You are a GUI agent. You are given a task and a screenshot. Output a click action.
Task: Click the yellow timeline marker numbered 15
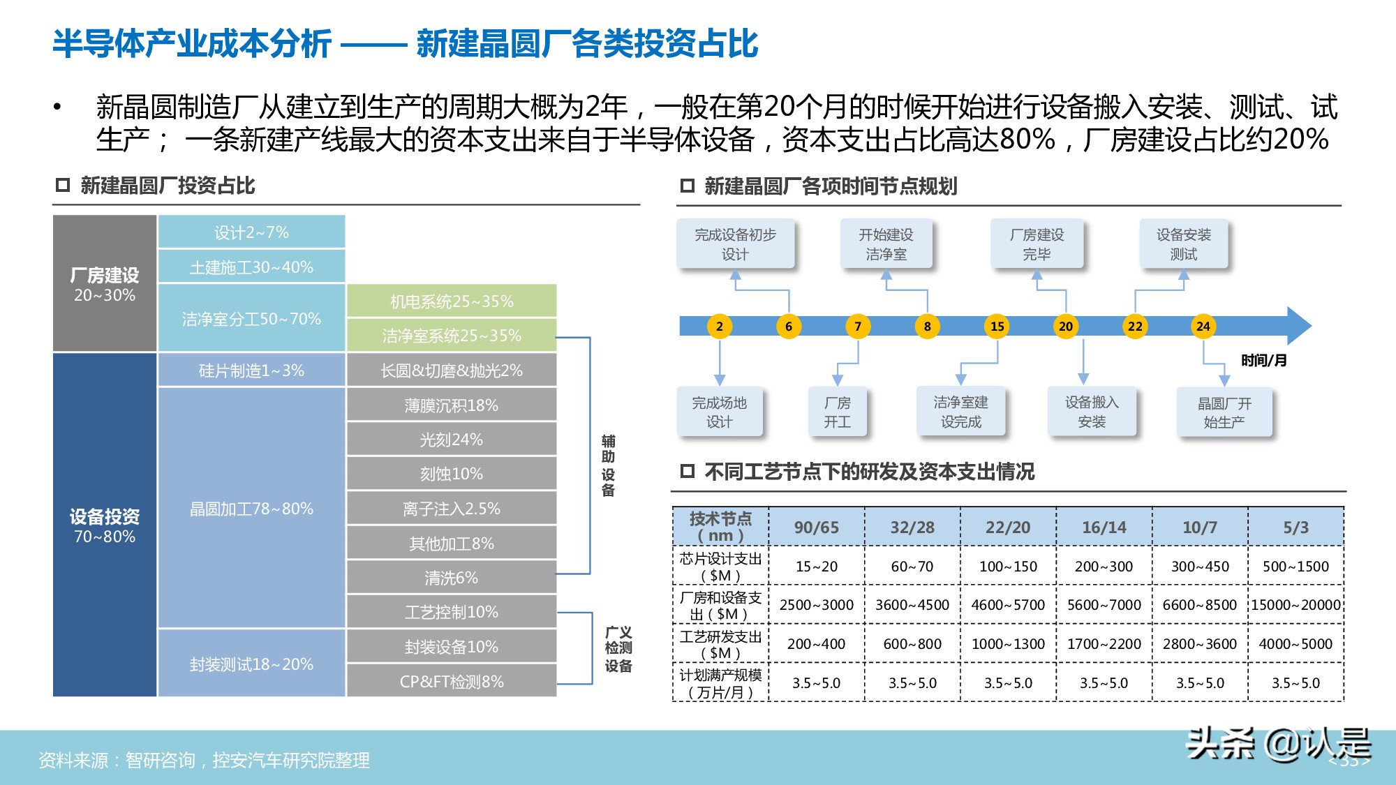[997, 326]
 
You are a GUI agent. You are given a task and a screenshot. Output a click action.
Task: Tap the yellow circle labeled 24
[1203, 326]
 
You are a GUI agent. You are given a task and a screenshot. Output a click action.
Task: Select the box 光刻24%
[451, 440]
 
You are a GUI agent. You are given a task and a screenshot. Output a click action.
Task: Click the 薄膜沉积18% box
[451, 405]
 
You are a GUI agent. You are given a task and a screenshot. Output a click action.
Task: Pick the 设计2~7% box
[251, 232]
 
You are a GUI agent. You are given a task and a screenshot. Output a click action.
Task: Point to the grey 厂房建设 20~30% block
[105, 284]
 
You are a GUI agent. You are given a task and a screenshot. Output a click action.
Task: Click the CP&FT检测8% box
[451, 681]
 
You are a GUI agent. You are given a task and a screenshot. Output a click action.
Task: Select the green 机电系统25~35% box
[451, 301]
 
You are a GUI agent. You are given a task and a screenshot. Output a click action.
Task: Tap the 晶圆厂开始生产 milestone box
[1224, 412]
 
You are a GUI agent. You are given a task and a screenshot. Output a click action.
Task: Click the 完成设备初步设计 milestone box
[735, 244]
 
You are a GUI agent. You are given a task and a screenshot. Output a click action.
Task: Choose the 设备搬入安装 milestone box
[1092, 412]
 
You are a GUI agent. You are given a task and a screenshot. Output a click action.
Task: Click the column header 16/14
[1104, 528]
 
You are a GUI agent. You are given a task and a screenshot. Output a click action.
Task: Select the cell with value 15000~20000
[1295, 605]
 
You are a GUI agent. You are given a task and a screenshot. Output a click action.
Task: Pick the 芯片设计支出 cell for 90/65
[816, 567]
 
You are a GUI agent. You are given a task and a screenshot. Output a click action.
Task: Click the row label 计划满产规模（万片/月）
[720, 683]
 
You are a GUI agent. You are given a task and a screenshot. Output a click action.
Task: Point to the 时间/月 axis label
[1263, 360]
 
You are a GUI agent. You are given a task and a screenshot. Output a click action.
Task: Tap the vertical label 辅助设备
[608, 465]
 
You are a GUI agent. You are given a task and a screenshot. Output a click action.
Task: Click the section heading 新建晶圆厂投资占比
[168, 186]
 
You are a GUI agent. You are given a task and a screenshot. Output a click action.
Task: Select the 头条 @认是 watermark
[1278, 744]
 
